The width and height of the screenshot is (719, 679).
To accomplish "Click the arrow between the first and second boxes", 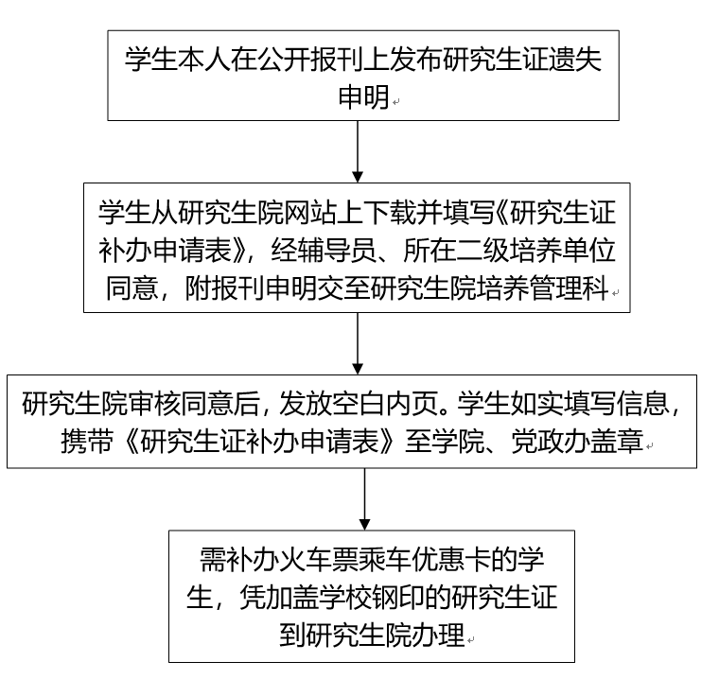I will tap(359, 151).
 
